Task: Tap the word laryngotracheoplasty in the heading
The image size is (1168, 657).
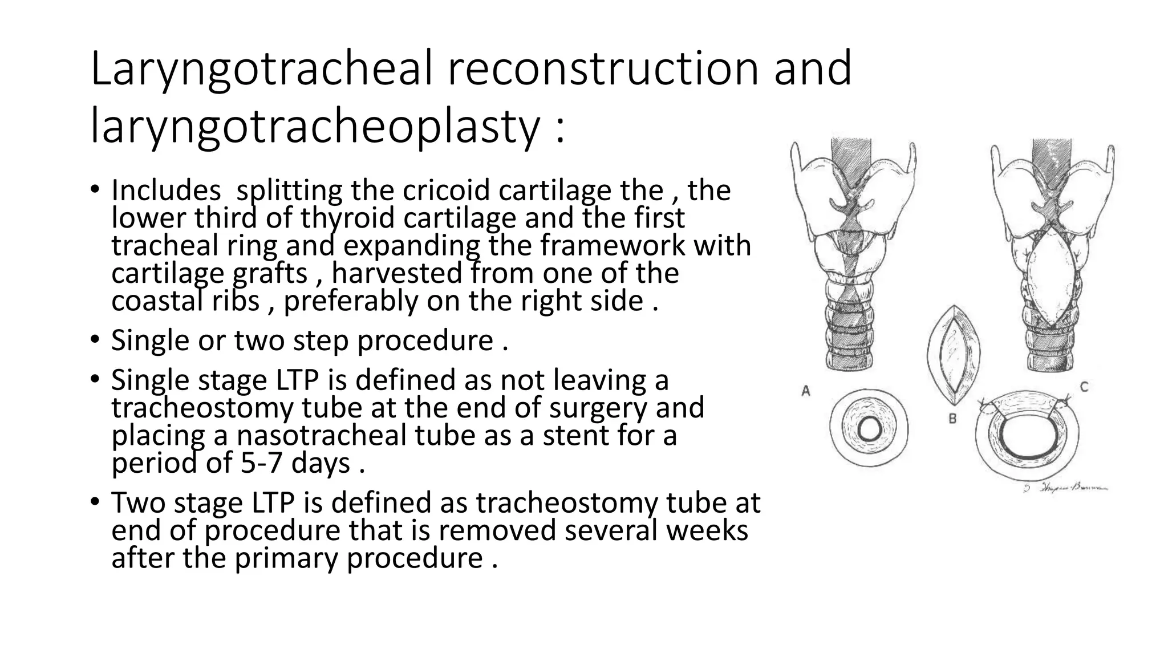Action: [x=314, y=127]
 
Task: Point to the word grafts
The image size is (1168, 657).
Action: [x=270, y=273]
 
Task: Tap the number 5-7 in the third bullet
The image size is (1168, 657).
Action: [x=261, y=463]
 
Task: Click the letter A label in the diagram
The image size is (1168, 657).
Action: [x=806, y=391]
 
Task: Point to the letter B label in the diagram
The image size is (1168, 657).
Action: [x=952, y=419]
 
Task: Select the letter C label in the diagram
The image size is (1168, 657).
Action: [x=1084, y=387]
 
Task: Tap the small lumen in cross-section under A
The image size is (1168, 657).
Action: [x=869, y=429]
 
